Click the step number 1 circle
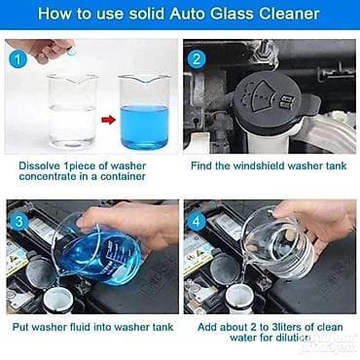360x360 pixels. coord(18,59)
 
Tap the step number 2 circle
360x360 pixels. coord(197,59)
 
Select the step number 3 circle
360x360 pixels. coord(18,222)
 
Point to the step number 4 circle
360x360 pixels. coord(197,222)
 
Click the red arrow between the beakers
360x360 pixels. coord(108,120)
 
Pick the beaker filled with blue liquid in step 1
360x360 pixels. coord(144,112)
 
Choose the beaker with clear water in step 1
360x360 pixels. coord(72,110)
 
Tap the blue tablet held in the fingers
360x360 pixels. coord(72,52)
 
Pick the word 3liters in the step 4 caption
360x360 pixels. coord(288,327)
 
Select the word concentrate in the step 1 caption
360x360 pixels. coord(47,177)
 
